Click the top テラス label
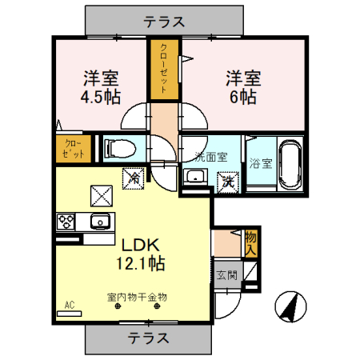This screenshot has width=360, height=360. coord(164,22)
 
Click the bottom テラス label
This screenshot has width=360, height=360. coord(148,338)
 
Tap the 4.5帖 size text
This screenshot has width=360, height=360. coord(102,98)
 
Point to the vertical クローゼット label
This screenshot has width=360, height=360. coord(163,69)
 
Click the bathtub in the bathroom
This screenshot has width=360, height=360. coord(289,163)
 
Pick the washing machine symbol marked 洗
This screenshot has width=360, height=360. coord(228,182)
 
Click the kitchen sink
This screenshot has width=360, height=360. coord(100,221)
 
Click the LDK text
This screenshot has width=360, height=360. coord(142,245)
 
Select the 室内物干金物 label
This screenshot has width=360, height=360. coord(136,298)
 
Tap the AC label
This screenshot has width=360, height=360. coord(69,305)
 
